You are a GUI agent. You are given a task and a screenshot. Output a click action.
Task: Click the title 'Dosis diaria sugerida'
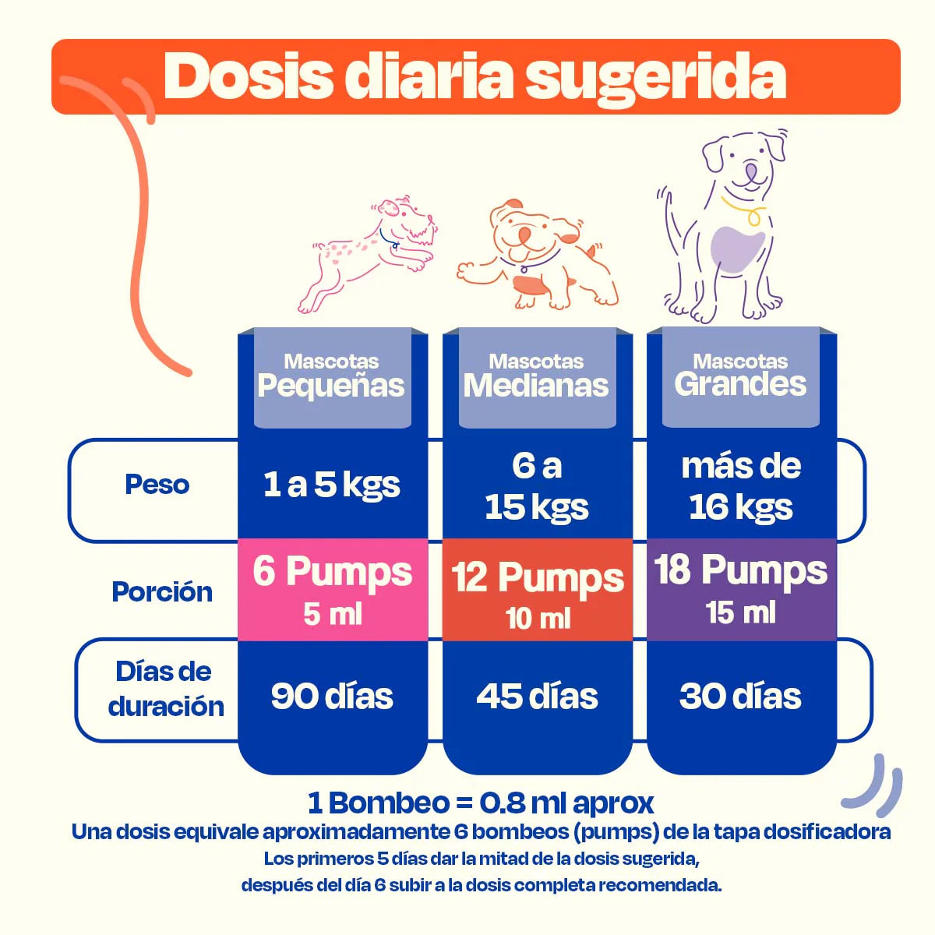[x=475, y=76]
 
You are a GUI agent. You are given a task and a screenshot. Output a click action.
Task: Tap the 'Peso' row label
[x=157, y=485]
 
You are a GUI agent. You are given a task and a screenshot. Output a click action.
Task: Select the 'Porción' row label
[x=162, y=592]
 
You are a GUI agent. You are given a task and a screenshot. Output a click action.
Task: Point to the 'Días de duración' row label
[x=165, y=689]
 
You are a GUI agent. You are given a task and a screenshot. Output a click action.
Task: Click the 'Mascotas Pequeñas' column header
[x=332, y=377]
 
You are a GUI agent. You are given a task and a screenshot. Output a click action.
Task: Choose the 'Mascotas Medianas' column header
[x=537, y=377]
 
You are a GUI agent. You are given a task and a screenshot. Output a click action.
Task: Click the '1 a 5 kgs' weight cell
[x=332, y=485]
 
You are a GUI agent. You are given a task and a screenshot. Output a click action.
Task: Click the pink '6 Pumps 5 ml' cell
[x=333, y=590]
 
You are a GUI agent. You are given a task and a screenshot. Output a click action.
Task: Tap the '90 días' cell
[x=332, y=697]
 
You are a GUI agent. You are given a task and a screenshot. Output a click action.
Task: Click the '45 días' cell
[x=538, y=697]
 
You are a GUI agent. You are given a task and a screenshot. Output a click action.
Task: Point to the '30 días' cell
[x=740, y=697]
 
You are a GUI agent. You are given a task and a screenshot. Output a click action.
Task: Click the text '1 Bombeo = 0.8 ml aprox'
[x=481, y=803]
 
